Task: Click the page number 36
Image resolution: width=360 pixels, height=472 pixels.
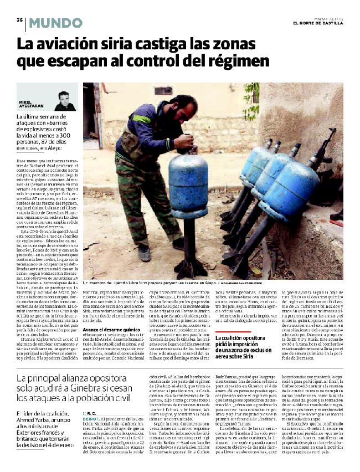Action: pyautogui.click(x=19, y=20)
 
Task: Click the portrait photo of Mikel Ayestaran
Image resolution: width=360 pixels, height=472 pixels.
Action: pyautogui.click(x=65, y=101)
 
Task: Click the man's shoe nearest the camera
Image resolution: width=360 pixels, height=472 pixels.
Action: pyautogui.click(x=144, y=253)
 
